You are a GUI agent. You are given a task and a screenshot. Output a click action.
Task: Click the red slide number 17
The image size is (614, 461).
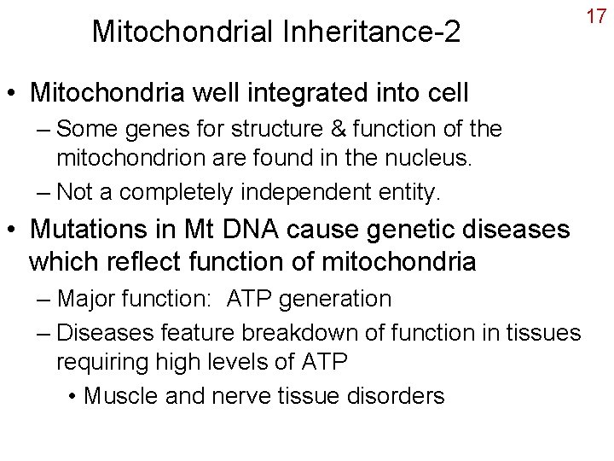coord(595,16)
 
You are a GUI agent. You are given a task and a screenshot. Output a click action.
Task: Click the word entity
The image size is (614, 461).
coord(408,193)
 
